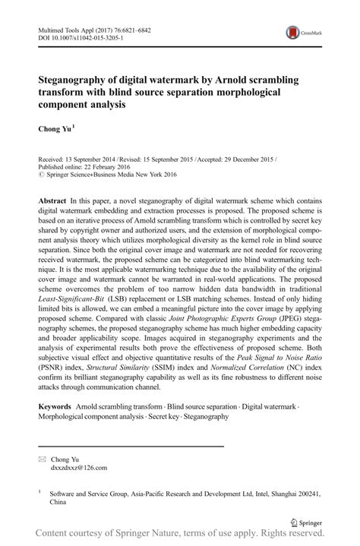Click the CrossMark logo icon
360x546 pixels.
(x=292, y=33)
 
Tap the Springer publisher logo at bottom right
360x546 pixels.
(x=308, y=522)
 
